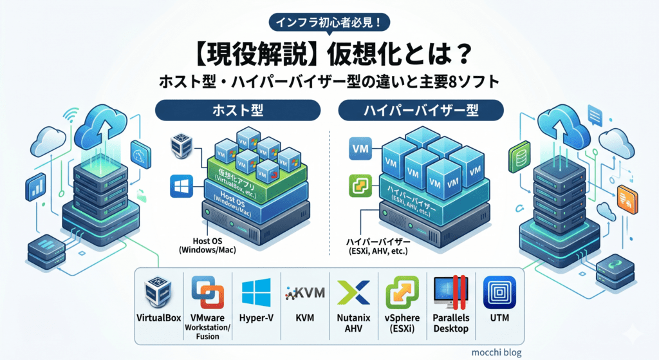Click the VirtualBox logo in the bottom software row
[x=158, y=292]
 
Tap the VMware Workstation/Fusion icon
[x=208, y=292]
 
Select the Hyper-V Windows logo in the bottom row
[x=256, y=292]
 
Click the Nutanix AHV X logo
[x=353, y=292]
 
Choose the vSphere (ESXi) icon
[x=402, y=292]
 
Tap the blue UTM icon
[x=499, y=292]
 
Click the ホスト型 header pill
[x=238, y=110]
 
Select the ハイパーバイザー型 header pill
[x=421, y=110]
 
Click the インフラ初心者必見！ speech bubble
[x=329, y=23]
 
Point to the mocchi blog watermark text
[x=496, y=352]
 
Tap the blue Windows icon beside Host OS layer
[x=181, y=186]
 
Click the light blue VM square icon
[x=360, y=149]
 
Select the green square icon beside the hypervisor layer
[x=360, y=186]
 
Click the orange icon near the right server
[x=627, y=200]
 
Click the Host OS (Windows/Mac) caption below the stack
[x=208, y=245]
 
